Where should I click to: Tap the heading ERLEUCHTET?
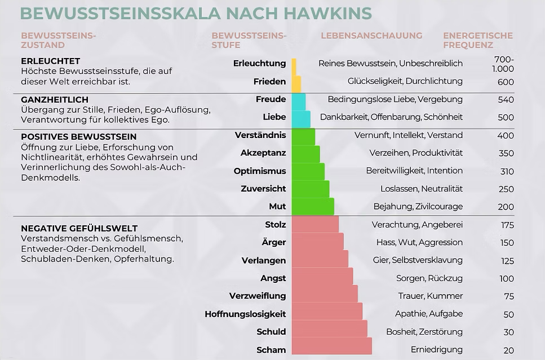[x=50, y=61]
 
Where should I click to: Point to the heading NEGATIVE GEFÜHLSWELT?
[x=79, y=228]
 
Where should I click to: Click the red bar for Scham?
[x=331, y=346]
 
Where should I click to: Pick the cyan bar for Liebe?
[x=300, y=119]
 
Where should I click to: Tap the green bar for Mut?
[x=313, y=206]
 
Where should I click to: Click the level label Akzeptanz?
[x=263, y=153]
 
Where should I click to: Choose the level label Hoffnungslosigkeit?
[x=245, y=314]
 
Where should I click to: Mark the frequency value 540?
[x=506, y=100]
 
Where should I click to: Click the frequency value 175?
[x=507, y=225]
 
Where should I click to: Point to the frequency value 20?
[x=508, y=350]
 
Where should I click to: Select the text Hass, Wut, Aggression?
[x=419, y=242]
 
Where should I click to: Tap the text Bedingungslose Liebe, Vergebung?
[x=395, y=99]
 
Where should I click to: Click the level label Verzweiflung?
[x=258, y=296]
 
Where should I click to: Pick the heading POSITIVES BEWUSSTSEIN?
[x=78, y=136]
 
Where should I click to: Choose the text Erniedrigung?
[x=437, y=349]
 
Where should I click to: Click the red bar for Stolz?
[x=315, y=224]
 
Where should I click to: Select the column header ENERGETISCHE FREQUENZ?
[x=477, y=40]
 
